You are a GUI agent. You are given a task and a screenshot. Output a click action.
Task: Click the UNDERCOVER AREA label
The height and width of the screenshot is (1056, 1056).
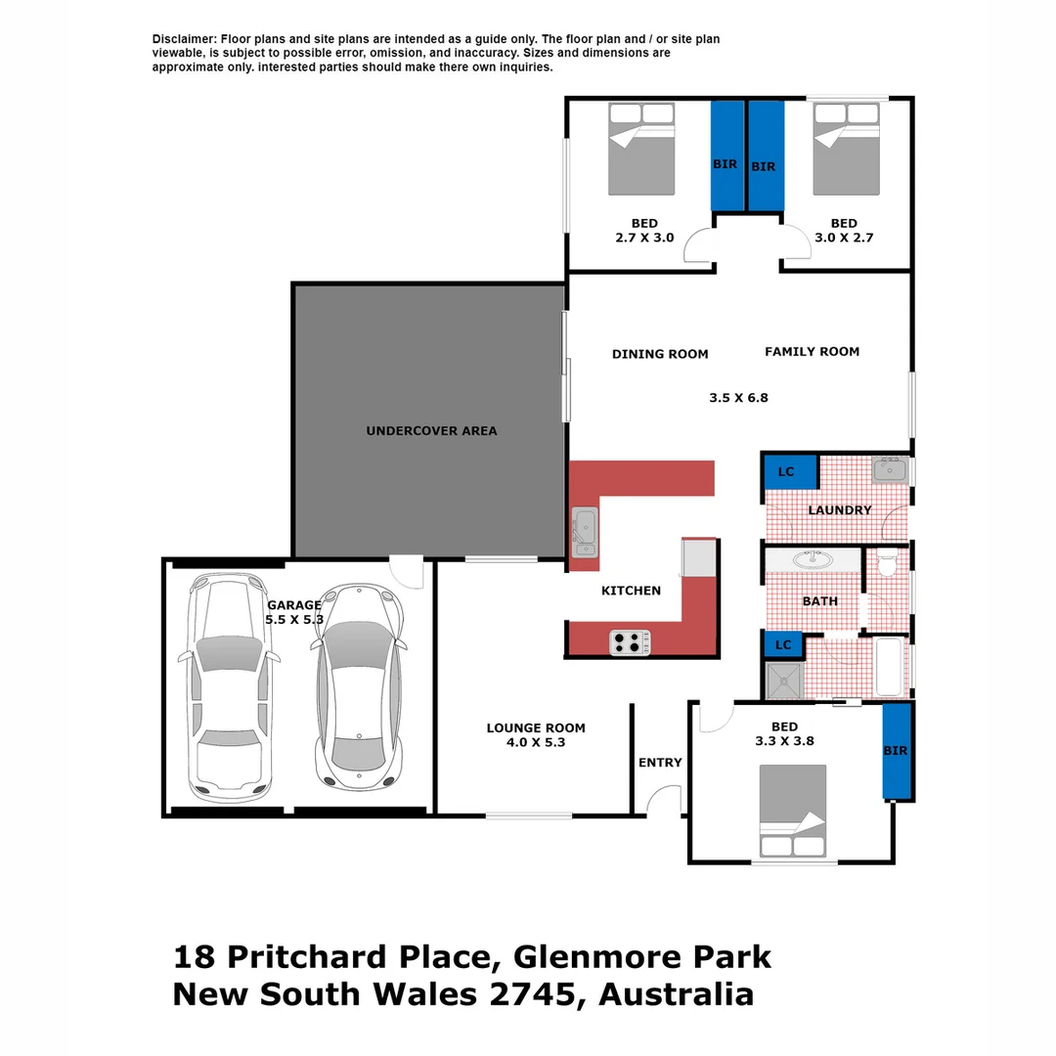tap(431, 430)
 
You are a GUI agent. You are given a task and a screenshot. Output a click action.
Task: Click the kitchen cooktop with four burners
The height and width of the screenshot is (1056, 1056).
tap(632, 642)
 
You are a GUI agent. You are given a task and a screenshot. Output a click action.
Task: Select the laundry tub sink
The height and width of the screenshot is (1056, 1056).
tap(891, 470)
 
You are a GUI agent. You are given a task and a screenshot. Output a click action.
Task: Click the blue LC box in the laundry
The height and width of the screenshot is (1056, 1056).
tap(785, 472)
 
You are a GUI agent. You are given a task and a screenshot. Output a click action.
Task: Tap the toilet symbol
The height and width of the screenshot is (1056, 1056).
tap(888, 565)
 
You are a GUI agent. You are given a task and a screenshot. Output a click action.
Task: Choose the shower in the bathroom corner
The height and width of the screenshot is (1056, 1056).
tap(783, 681)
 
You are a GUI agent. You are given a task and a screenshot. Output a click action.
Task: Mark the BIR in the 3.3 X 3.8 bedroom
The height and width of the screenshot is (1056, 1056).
tap(896, 751)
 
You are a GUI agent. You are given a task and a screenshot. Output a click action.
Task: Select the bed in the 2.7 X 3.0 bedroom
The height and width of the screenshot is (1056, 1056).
tap(641, 149)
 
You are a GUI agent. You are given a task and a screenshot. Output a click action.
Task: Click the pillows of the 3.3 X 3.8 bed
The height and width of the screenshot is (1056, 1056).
tap(793, 846)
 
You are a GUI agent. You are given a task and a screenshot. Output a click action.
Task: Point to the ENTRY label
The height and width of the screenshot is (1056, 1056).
tap(660, 763)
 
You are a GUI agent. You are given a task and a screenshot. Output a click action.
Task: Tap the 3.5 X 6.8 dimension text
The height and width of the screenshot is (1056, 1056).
tap(738, 398)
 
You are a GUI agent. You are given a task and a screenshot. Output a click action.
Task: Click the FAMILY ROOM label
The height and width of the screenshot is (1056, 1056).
tap(812, 351)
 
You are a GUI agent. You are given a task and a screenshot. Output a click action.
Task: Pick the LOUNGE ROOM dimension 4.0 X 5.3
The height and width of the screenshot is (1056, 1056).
tap(536, 743)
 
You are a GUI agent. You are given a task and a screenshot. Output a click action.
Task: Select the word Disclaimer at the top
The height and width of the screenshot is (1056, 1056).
tap(184, 39)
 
